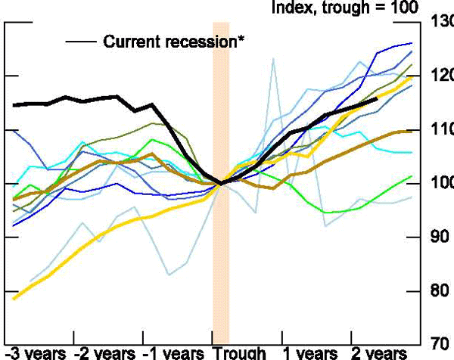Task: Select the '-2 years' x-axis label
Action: [104, 353]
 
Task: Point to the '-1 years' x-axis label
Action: [173, 353]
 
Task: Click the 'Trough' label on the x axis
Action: [240, 353]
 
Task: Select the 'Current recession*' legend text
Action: [174, 42]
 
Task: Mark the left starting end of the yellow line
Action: [14, 299]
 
